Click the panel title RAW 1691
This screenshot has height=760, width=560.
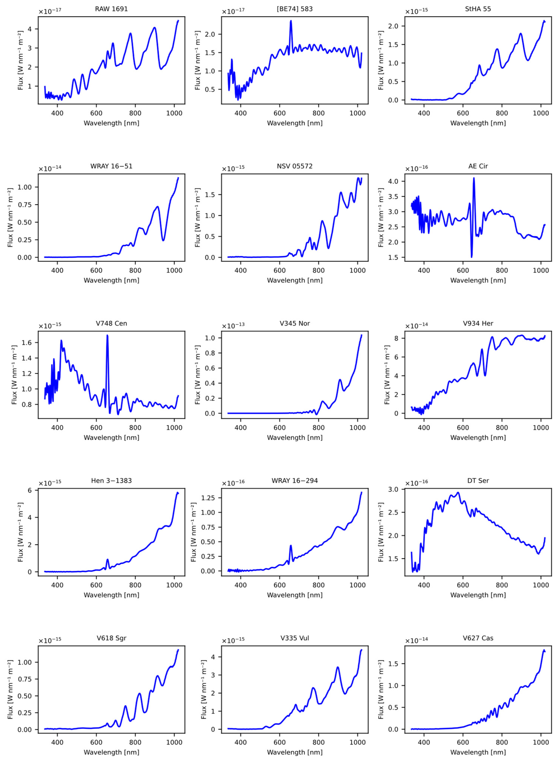[x=111, y=9]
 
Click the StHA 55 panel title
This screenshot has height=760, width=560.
[x=478, y=9]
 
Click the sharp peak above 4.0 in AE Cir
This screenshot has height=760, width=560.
[x=474, y=178]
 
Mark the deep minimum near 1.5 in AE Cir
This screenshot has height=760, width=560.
[x=472, y=257]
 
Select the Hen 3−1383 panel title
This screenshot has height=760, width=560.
[x=111, y=480]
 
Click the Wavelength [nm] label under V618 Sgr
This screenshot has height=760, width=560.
[x=111, y=752]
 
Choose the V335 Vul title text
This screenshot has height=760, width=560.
[x=294, y=638]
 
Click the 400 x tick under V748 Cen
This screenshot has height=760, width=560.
[x=57, y=428]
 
